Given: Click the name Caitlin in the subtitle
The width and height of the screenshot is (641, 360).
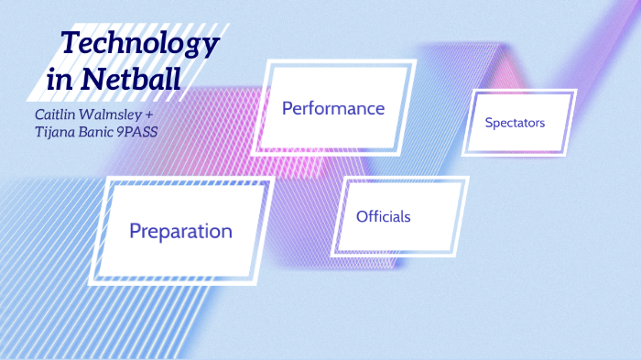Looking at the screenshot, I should pos(53,115).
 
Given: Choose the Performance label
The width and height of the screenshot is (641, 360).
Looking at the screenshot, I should pos(332,108).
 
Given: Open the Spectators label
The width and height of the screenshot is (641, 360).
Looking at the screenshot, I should pos(515,122).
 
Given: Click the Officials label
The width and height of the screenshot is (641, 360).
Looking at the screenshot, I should pos(383,216).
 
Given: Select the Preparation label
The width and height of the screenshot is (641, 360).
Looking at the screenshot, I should pos(180,231).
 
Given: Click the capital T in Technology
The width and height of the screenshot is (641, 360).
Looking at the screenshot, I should pos(67,42).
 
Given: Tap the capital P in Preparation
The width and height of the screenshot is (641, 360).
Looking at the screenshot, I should pos(135,231).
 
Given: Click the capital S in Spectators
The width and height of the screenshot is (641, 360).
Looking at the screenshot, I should pos(489,122).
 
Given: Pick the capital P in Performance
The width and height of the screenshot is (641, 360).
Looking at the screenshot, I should pos(287,108).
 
